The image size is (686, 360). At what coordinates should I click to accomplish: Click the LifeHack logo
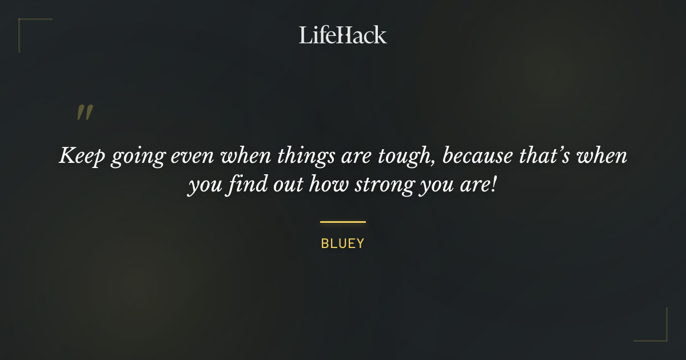point(342,35)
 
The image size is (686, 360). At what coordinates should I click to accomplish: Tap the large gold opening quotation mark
point(84,113)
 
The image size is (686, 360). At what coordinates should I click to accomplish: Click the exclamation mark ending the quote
point(494,186)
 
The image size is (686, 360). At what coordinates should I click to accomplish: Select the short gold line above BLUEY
point(342,222)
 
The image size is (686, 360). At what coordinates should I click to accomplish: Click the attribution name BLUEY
point(342,243)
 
